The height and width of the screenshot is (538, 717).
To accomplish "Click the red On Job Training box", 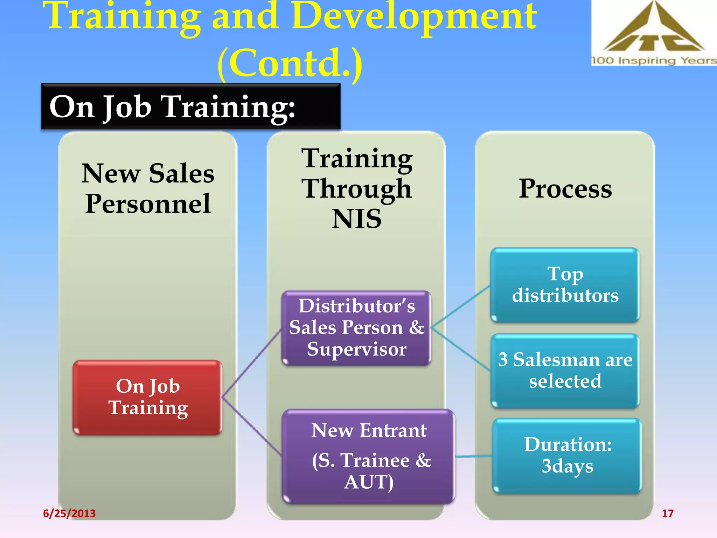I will tap(147, 398).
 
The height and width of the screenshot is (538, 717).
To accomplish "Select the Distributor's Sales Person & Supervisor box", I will tap(356, 328).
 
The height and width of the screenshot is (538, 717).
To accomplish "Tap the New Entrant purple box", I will tap(368, 456).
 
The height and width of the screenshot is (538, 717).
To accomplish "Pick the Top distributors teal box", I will tap(565, 285).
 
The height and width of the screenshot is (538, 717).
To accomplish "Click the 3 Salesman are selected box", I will tap(565, 371).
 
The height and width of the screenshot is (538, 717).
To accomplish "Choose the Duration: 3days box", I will tap(567, 455).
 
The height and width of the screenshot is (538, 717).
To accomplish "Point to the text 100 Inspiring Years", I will tap(653, 61).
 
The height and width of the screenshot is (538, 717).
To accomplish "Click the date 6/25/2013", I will tap(69, 513).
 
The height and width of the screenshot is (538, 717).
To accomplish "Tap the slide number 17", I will tap(667, 513).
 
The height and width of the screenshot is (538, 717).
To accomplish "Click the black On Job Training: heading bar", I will tap(190, 106).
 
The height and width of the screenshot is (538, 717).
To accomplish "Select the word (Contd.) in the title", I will tap(290, 63).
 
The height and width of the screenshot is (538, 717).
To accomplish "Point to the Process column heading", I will tap(565, 189).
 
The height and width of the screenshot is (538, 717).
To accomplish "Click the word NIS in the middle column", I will tap(356, 219).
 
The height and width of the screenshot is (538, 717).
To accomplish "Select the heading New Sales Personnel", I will tap(148, 188).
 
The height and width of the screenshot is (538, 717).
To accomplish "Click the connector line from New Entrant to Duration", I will tap(473, 456).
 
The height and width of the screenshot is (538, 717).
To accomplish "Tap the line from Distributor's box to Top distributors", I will tap(461, 306).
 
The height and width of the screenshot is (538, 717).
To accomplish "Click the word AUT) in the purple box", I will tap(369, 482).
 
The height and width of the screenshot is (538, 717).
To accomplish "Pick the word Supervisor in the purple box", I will tap(356, 349).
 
